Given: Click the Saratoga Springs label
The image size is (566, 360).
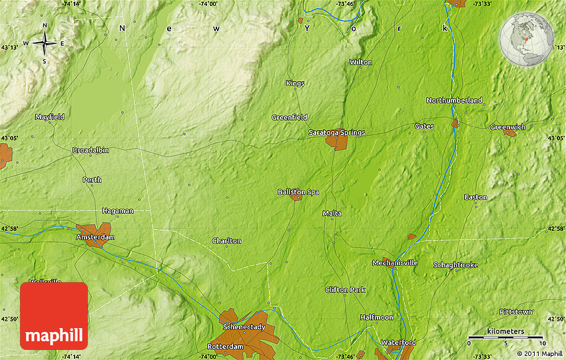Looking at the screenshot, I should click(336, 132).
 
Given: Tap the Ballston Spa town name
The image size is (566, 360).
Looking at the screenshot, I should click(298, 192).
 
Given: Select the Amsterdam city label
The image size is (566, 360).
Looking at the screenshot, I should click(95, 237).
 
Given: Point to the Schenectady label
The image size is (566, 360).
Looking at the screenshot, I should click(244, 327).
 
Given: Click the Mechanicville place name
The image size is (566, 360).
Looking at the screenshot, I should click(395, 263).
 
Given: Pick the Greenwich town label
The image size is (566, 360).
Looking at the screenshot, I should click(507, 126).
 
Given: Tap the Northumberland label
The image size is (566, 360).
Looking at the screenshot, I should click(454, 100).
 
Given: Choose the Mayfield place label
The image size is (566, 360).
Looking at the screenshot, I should click(49, 116).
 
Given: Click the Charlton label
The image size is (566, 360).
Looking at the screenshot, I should click(226, 240).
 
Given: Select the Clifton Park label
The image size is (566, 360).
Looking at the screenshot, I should click(345, 289).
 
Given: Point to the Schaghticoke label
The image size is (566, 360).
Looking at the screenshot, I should click(455, 265).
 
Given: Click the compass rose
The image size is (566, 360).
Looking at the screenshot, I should click(45, 44).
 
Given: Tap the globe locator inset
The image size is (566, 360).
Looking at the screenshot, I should click(527, 41).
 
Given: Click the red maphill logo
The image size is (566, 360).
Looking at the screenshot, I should click(54, 315).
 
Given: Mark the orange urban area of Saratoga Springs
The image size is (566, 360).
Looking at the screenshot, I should click(336, 141).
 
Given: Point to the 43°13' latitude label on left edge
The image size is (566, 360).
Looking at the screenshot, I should click(10, 47).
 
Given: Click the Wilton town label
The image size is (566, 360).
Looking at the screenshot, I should click(361, 62).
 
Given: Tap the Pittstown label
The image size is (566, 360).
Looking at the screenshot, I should click(515, 311).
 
